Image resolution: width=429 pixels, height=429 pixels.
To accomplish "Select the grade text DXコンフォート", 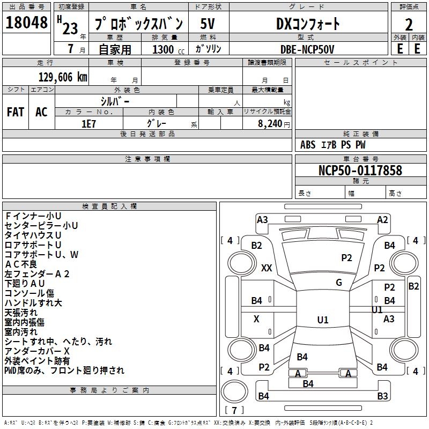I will (x=308, y=24).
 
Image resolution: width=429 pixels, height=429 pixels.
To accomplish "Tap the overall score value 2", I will (x=409, y=25).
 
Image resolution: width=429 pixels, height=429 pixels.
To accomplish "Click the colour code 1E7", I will (x=88, y=123).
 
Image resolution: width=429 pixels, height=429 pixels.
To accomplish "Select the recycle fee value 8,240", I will (x=270, y=123).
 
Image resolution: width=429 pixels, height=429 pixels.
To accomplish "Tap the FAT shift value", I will (x=16, y=112).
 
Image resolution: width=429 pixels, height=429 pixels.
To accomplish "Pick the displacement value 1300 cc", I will (x=166, y=49).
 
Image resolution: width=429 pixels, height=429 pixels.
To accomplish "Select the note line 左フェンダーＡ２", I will (x=37, y=273).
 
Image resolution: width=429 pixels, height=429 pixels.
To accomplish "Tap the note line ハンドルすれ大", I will (x=33, y=303).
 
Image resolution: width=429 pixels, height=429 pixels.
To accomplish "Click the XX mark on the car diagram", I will (x=267, y=268).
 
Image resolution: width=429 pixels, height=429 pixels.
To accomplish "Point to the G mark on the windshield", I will (x=339, y=283).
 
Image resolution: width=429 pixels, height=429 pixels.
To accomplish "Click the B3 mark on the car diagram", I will (x=382, y=396).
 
